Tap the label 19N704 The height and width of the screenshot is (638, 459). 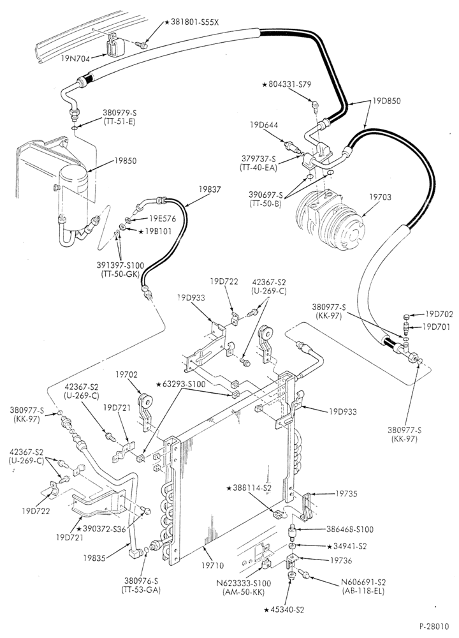(76, 58)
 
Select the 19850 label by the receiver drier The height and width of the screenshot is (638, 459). (126, 161)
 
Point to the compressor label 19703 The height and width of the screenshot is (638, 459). (381, 197)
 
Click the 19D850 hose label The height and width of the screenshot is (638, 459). (386, 101)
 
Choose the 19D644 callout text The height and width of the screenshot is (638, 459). (264, 125)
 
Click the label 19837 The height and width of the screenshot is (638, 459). (210, 189)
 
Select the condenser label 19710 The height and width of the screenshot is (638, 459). (212, 565)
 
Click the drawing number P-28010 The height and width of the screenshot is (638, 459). (435, 625)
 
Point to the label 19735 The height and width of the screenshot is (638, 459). (346, 494)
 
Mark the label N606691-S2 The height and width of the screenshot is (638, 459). (364, 582)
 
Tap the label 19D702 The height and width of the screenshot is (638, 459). (439, 314)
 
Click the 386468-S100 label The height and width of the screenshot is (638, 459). (350, 530)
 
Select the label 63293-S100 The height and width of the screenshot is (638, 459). (182, 383)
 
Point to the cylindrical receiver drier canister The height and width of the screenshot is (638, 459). (73, 200)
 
